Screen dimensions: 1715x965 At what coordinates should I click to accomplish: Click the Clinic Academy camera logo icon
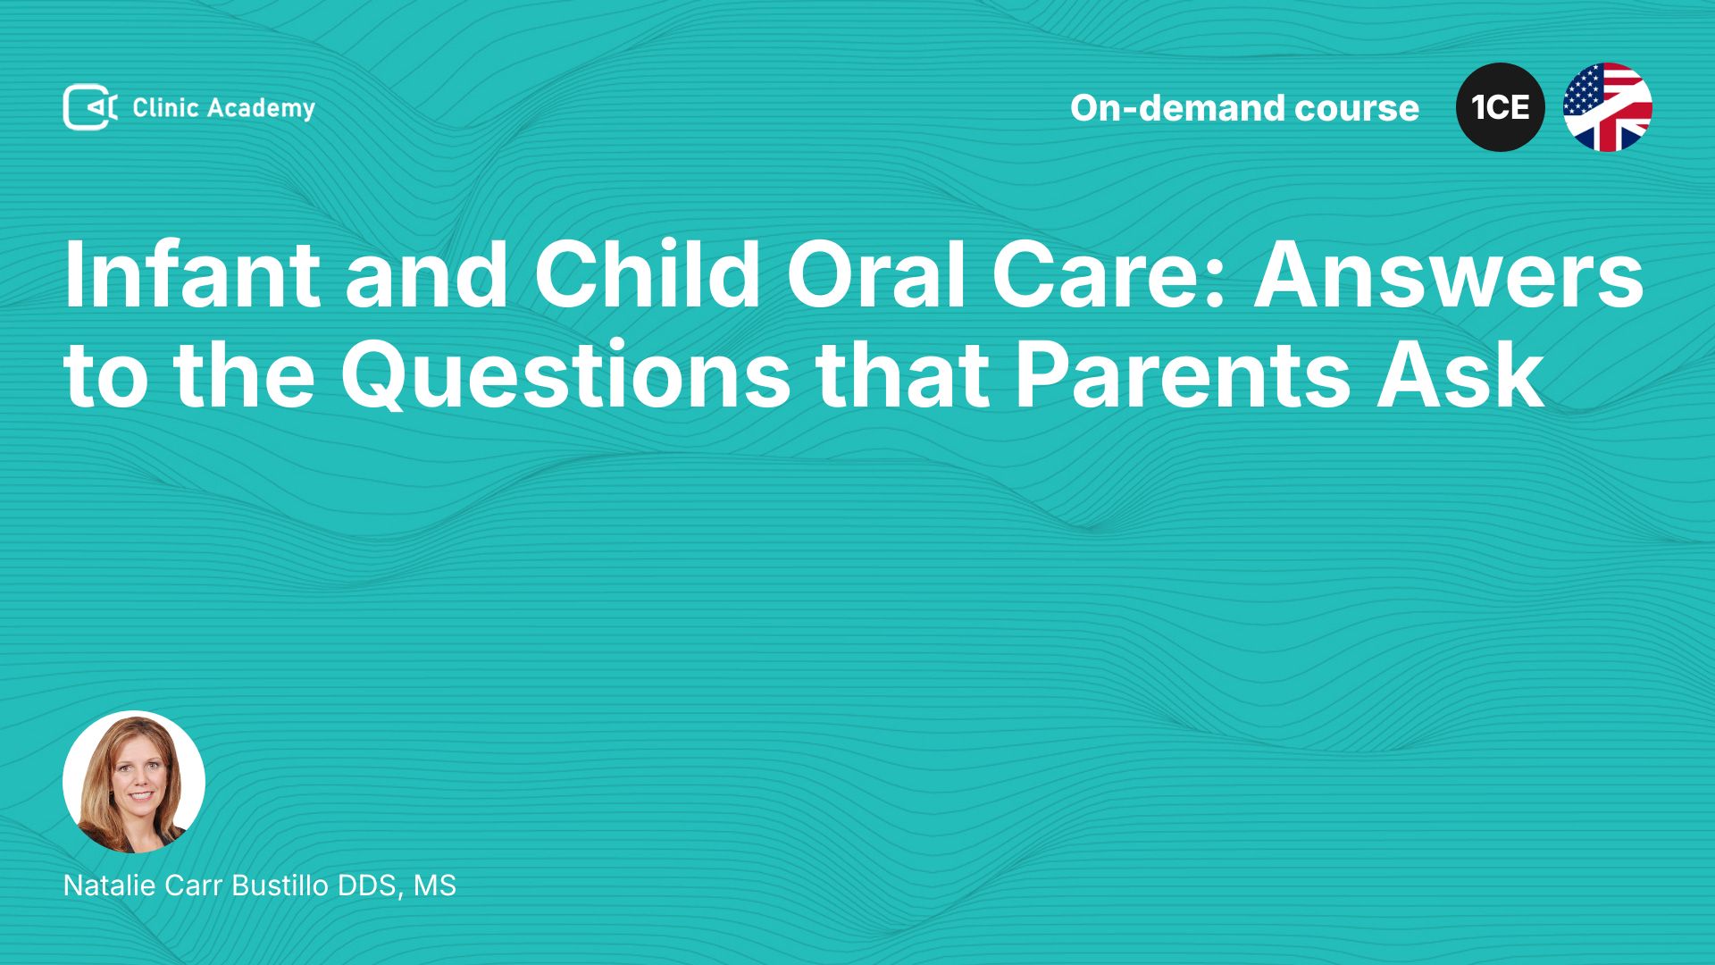coord(90,107)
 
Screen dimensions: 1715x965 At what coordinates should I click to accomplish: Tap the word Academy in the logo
coord(262,109)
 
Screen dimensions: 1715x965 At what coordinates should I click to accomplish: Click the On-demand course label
coord(1244,108)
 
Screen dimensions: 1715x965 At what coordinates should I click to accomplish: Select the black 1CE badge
coord(1501,107)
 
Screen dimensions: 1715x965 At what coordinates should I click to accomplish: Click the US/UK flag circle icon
coord(1608,107)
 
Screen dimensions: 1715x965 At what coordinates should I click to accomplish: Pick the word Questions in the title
coord(565,376)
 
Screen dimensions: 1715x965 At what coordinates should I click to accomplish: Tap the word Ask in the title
coord(1460,375)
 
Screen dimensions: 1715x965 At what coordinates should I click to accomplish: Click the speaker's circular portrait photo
coord(134,782)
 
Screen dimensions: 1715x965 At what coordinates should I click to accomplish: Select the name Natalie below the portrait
coord(108,885)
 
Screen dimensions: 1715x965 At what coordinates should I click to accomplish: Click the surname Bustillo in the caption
coord(280,885)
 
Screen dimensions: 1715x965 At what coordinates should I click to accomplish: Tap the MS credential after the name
coord(435,885)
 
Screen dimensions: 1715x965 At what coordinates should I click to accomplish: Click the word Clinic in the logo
coord(165,108)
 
